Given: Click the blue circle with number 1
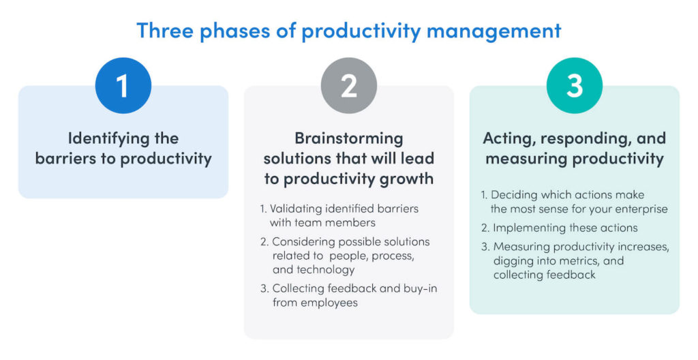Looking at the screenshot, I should [123, 85].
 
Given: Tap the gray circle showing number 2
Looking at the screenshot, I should [349, 85].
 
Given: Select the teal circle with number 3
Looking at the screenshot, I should [575, 85].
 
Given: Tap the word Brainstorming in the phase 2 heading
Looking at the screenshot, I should [348, 138].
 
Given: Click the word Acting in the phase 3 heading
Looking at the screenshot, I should [507, 138].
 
